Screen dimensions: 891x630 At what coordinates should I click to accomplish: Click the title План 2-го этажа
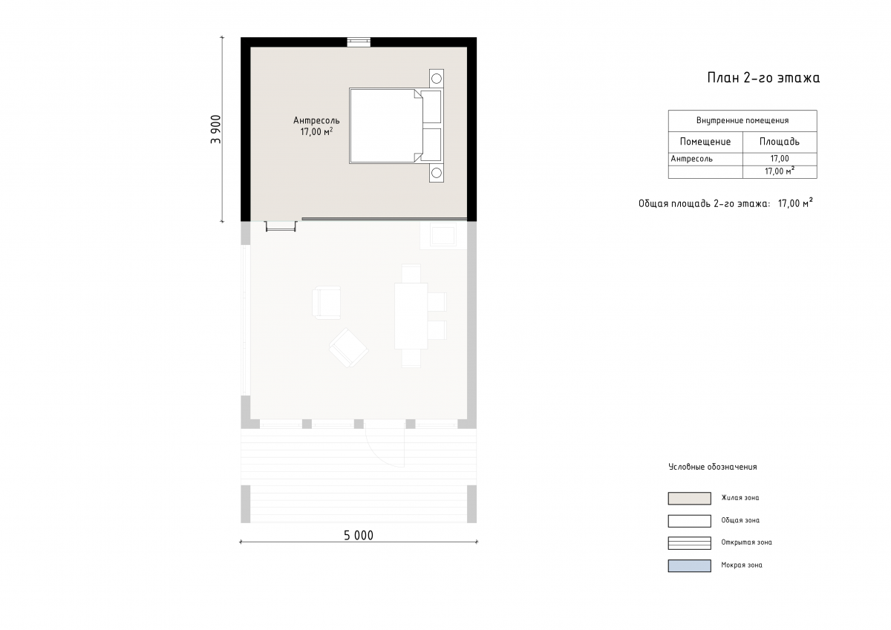point(763,77)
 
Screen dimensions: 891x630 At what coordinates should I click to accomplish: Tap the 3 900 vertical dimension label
point(216,129)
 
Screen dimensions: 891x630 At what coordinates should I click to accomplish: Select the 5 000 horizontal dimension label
point(359,536)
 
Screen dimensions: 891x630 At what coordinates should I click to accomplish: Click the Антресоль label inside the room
point(316,120)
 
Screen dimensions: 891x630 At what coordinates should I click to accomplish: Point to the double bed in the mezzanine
point(396,125)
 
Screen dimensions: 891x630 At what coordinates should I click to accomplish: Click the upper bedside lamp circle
point(437,79)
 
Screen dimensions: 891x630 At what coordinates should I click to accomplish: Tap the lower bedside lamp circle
point(437,173)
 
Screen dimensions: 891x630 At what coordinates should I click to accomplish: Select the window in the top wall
point(359,42)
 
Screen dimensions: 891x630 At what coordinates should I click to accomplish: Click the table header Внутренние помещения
point(742,120)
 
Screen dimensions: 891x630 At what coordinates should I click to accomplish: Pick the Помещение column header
point(705,142)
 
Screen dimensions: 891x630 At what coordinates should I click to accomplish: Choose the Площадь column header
point(779,142)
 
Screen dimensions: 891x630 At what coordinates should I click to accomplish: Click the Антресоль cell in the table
point(691,159)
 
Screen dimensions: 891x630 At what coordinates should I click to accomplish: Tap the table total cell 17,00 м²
point(780,171)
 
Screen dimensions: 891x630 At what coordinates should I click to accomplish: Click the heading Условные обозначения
point(712,467)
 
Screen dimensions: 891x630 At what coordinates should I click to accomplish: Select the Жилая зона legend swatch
point(689,498)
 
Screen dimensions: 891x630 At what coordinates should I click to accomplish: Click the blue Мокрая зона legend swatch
point(689,565)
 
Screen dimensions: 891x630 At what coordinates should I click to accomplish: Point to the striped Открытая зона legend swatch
point(689,543)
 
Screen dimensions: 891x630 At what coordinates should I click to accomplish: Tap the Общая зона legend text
point(740,520)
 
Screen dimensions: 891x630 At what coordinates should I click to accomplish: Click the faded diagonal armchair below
point(349,348)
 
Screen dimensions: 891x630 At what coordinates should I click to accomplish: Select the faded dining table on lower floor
point(411,316)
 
